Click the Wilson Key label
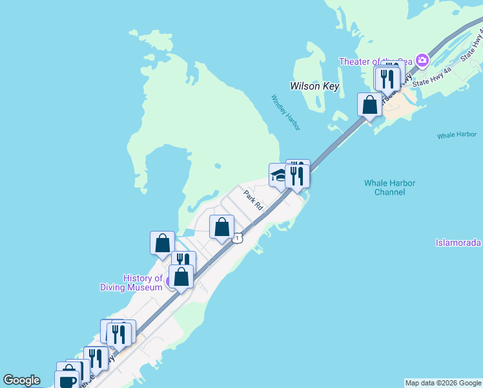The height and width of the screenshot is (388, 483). (x=314, y=86)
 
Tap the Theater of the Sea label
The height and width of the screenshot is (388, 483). (x=377, y=61)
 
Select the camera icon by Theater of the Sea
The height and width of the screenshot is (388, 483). (x=422, y=61)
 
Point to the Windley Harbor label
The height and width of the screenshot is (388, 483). (x=285, y=113)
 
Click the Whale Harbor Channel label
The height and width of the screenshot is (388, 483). (x=389, y=188)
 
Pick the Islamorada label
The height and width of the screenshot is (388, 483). (x=458, y=242)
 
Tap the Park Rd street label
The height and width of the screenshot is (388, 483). (x=253, y=199)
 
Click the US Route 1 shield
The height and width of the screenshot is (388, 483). (x=238, y=239)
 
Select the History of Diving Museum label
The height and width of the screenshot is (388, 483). (x=132, y=283)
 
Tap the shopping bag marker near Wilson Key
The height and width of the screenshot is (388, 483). (x=370, y=105)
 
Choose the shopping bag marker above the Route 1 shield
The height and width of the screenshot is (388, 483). (x=222, y=227)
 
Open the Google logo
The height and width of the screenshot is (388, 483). (x=21, y=380)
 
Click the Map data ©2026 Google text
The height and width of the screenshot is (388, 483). (x=443, y=383)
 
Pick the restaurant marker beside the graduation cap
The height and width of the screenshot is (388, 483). (x=297, y=175)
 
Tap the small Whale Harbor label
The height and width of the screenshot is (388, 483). (x=456, y=135)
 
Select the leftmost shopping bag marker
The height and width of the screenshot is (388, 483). (x=162, y=243)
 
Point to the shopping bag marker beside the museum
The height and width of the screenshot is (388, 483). (x=181, y=277)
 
